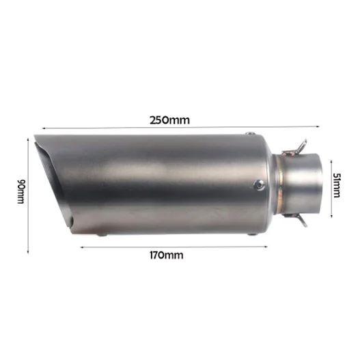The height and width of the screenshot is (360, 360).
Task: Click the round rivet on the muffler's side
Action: pos(259,184)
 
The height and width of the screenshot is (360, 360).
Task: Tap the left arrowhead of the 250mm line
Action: pos(43,127)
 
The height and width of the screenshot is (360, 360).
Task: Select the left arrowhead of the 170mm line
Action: pos(82,247)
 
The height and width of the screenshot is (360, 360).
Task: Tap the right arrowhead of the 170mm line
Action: pos(265,247)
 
